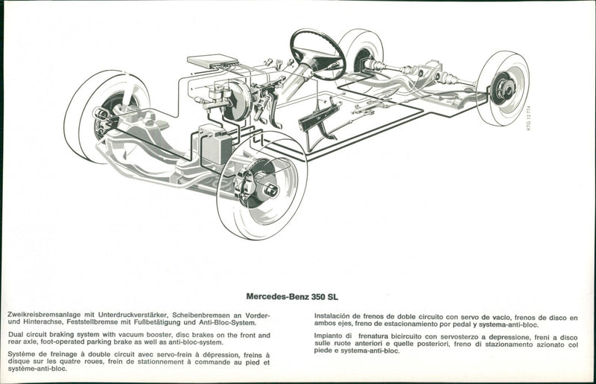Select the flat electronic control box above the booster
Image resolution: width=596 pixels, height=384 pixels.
212,61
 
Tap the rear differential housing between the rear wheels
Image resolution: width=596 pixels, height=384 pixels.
427,74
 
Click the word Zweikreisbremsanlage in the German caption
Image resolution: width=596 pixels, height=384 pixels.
42,316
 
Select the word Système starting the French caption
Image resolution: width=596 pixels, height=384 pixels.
22,355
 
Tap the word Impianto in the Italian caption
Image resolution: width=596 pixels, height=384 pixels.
329,336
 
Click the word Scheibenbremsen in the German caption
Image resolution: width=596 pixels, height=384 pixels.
196,316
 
